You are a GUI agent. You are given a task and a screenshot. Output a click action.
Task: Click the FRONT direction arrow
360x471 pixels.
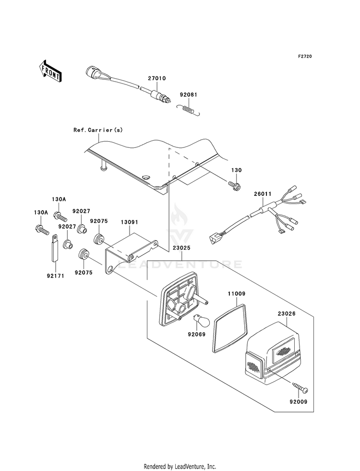click(x=50, y=71)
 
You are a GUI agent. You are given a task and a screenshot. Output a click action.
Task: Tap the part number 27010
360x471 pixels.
click(x=157, y=78)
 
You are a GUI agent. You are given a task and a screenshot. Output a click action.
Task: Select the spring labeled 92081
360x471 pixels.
click(x=188, y=109)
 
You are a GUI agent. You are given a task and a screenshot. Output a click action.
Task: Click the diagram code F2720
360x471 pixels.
click(x=305, y=56)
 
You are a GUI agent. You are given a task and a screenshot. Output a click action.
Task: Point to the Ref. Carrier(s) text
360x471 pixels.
click(x=98, y=130)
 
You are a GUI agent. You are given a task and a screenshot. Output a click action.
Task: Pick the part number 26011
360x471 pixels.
click(x=263, y=194)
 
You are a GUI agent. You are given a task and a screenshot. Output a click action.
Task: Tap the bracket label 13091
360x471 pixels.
click(x=130, y=222)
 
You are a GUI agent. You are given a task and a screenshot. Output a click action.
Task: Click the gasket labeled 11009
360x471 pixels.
click(x=230, y=328)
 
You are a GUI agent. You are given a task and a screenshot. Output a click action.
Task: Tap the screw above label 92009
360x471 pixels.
click(x=300, y=387)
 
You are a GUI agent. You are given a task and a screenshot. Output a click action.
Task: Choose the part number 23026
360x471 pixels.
click(x=287, y=314)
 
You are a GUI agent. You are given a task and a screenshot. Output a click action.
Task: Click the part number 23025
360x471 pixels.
click(x=181, y=248)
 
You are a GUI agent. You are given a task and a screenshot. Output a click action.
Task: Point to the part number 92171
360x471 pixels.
click(x=55, y=276)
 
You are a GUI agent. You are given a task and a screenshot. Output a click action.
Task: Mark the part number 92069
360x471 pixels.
click(x=196, y=334)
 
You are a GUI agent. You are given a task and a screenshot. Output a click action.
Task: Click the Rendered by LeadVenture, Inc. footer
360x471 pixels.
click(x=180, y=467)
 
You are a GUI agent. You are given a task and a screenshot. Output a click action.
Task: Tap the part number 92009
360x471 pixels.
click(x=299, y=401)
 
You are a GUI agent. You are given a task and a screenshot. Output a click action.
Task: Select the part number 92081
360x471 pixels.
click(x=189, y=95)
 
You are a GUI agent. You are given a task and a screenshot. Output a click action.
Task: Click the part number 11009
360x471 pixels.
click(x=237, y=294)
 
